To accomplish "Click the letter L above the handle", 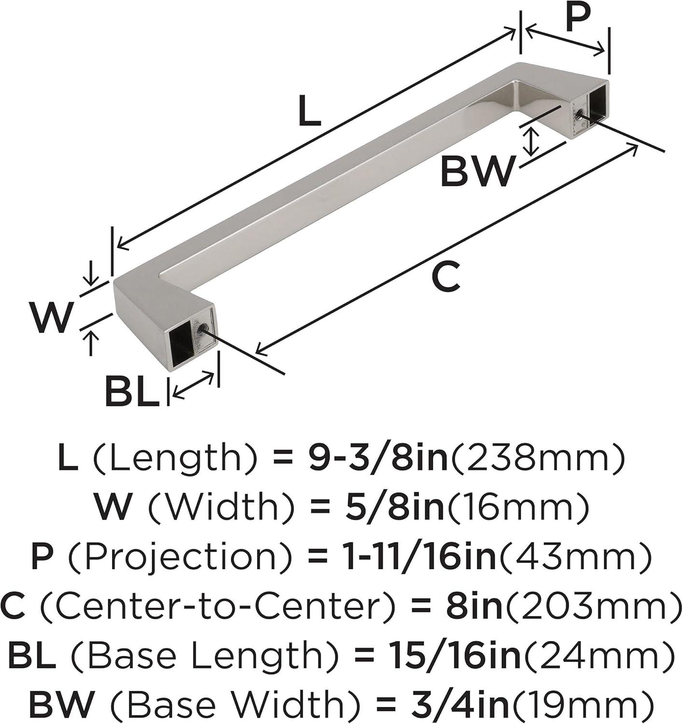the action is coord(309,111).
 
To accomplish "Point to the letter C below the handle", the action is coord(446,276).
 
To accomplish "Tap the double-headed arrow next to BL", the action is coord(193,384).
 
